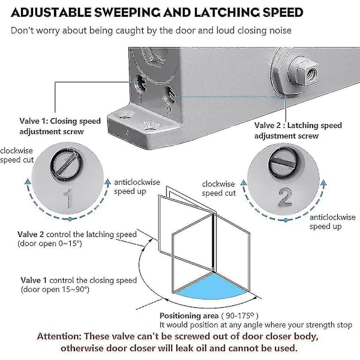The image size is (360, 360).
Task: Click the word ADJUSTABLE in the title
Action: click(51, 13)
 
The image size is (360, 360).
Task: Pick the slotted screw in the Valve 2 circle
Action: click(283, 161)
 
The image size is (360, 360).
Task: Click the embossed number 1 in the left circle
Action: click(68, 199)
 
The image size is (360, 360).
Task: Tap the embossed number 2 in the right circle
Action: click(285, 196)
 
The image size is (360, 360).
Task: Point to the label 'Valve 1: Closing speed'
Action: click(60, 121)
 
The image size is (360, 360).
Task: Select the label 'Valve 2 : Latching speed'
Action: click(298, 125)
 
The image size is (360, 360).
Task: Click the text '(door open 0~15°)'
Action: click(50, 244)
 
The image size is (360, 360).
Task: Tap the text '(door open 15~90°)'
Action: click(55, 290)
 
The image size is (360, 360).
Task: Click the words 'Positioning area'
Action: click(189, 316)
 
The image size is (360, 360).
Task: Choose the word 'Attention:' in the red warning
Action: click(59, 337)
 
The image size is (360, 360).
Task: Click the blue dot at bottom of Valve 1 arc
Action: click(70, 219)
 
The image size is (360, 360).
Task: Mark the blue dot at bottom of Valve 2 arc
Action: click(286, 220)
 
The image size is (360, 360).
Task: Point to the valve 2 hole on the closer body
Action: click(172, 95)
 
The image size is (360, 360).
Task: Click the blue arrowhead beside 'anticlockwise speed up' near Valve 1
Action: click(107, 182)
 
